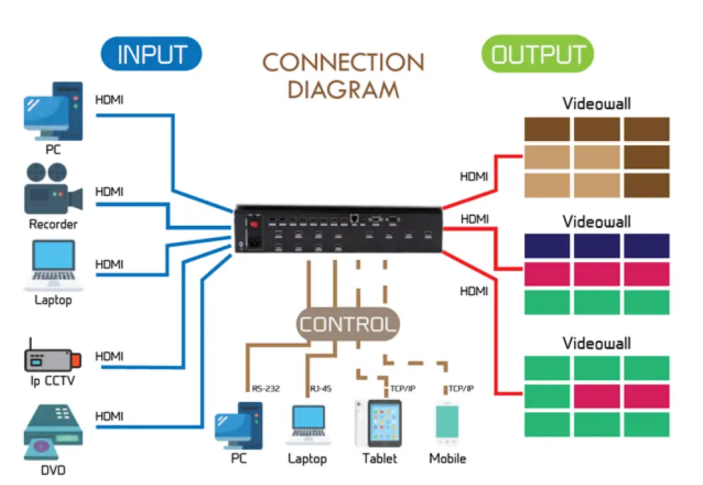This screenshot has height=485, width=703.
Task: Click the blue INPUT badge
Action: coord(152,55)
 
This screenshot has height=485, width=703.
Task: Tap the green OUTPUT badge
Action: coord(537,55)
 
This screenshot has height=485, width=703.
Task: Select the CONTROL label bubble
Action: coord(346,325)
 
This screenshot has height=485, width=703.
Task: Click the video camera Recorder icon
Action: coord(52,189)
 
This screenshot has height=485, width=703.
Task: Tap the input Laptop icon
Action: coord(54,266)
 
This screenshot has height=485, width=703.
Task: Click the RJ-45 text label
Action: coord(321,389)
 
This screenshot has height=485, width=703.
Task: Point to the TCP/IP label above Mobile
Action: coord(461,389)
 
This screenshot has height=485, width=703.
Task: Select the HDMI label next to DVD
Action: coord(109,416)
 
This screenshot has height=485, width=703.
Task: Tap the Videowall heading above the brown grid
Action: coord(596,104)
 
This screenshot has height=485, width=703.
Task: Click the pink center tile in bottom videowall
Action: coord(596,396)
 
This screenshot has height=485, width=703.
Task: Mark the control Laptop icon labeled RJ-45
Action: coord(308,424)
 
